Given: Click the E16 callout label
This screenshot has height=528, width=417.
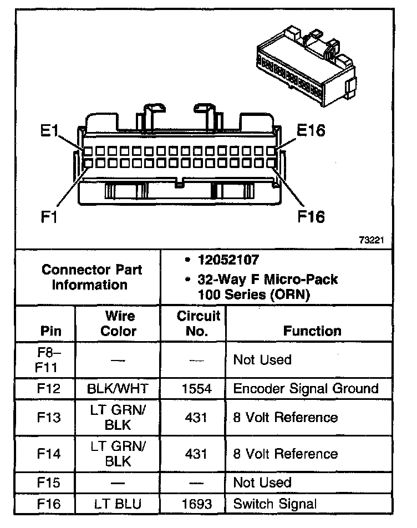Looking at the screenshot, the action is point(311,130).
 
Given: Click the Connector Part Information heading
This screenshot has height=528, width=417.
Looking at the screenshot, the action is point(92,277).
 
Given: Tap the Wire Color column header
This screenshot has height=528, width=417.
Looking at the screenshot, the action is point(119,323).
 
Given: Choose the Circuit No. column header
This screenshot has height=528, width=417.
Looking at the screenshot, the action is point(198,323).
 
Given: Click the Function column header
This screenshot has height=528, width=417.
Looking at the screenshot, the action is point(312,331).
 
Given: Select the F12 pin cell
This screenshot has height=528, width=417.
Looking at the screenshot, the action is point(50,388).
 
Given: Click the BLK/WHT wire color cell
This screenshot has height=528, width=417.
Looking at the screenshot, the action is point(118,388).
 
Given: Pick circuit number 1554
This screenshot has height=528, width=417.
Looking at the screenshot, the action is point(196,388).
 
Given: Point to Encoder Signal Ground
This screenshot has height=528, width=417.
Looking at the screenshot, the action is point(306,388).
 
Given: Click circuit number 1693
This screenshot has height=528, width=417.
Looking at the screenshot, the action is point(196,504).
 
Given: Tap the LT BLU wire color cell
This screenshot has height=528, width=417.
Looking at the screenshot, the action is point(118,504).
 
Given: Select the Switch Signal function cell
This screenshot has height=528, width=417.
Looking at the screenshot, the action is point(275,504).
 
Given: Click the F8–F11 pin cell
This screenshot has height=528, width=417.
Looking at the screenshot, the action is point(50,360).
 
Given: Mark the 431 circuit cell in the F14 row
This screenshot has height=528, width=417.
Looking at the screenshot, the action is point(196,454).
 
